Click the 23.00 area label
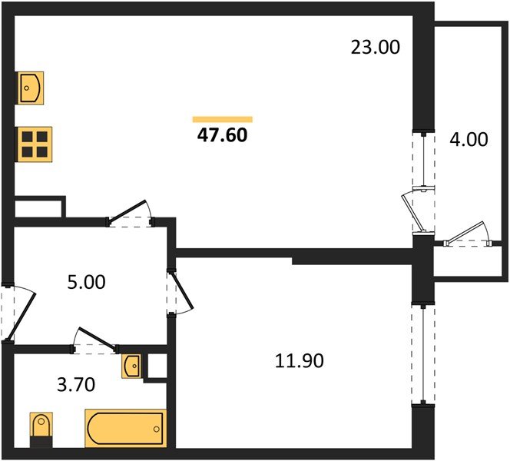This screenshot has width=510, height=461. [x=376, y=48]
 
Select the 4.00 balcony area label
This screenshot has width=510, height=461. [x=468, y=140]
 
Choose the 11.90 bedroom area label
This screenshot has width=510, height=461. [x=299, y=360]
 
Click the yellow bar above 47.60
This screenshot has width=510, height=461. [x=222, y=119]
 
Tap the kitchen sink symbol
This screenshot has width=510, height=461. [x=31, y=88]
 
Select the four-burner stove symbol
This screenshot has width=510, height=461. [x=35, y=143]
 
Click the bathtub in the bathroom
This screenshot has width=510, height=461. [x=125, y=428]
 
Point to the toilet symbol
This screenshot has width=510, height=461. [x=40, y=428]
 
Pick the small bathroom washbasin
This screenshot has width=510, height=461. [x=131, y=366]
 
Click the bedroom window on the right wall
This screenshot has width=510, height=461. [x=421, y=353]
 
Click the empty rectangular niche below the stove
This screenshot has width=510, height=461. [x=38, y=207]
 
